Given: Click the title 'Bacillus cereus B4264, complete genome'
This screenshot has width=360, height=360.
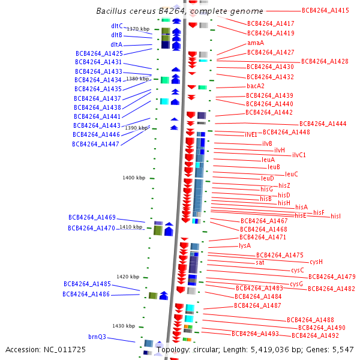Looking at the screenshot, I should point(179,11).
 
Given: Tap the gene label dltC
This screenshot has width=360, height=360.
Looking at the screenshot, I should point(116,26).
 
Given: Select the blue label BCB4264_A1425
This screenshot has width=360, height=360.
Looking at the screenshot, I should point(99,53).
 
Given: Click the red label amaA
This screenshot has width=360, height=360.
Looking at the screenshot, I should point(256,43).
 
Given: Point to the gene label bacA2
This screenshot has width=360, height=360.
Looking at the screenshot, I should point(256,86).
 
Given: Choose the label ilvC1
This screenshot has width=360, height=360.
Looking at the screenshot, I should point(299,155).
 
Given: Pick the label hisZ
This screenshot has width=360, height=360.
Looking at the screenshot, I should point(284,186).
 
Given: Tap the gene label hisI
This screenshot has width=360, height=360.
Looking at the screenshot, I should point(335,216).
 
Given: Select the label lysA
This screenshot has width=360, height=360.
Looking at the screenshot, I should point(245,245).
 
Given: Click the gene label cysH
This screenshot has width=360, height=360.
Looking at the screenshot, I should point(316,262).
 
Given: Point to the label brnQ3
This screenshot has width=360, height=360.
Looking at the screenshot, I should point(97,337).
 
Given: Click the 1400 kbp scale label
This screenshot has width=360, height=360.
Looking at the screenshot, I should point(134,178).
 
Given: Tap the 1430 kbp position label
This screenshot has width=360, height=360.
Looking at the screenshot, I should point(124,326).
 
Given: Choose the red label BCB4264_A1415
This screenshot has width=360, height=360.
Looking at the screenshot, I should point(325,10).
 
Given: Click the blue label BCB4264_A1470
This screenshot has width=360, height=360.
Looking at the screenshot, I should point(91,228).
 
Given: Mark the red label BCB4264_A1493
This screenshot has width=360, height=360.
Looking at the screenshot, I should point(255,334).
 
